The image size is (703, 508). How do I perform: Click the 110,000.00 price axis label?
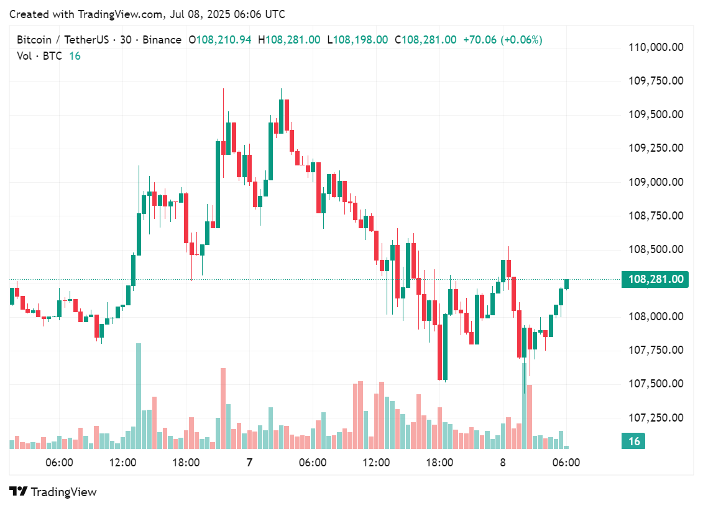pyautogui.click(x=656, y=47)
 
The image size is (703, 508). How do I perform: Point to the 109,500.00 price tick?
pyautogui.click(x=656, y=114)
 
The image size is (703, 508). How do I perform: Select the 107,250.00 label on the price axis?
pyautogui.click(x=656, y=417)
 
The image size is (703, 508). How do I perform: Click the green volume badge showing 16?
pyautogui.click(x=634, y=441)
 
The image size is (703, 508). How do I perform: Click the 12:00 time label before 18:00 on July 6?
pyautogui.click(x=123, y=463)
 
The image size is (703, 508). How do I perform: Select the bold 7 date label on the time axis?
pyautogui.click(x=249, y=463)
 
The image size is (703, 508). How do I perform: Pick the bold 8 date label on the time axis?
pyautogui.click(x=503, y=463)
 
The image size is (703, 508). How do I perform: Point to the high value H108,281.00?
pyautogui.click(x=293, y=40)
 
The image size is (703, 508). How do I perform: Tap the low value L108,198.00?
pyautogui.click(x=361, y=40)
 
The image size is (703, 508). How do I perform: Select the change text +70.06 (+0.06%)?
pyautogui.click(x=502, y=40)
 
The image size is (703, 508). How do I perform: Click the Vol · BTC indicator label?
pyautogui.click(x=39, y=56)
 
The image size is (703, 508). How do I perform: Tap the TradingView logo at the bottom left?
pyautogui.click(x=53, y=492)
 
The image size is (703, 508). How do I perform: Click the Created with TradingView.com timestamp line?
pyautogui.click(x=147, y=14)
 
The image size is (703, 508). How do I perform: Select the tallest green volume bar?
pyautogui.click(x=139, y=395)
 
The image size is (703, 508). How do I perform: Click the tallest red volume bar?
pyautogui.click(x=223, y=408)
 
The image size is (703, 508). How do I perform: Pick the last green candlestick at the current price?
pyautogui.click(x=566, y=284)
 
